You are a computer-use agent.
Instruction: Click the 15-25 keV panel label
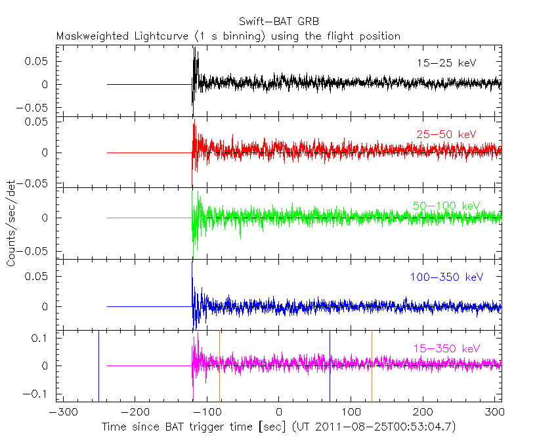[x=446, y=63]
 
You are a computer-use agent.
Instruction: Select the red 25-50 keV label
[x=446, y=135]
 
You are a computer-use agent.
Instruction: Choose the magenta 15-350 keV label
[x=446, y=348]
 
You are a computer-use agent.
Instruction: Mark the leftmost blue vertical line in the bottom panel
[x=98, y=365]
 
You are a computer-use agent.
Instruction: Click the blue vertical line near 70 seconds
[x=330, y=365]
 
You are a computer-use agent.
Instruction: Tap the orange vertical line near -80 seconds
[x=219, y=365]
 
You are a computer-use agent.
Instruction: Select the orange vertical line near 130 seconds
[x=372, y=365]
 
